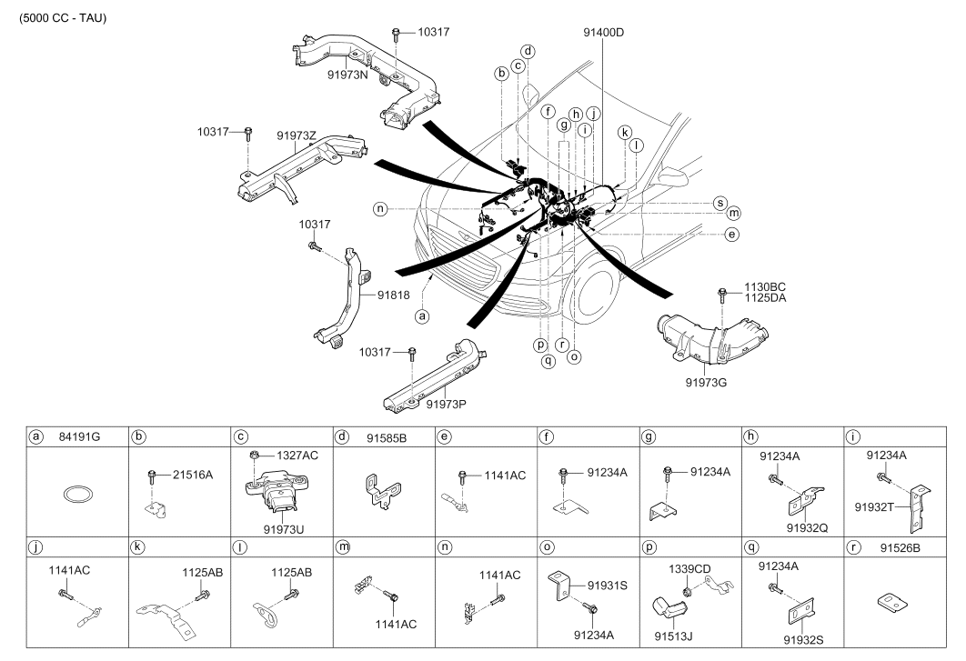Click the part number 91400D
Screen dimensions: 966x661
[x=603, y=32]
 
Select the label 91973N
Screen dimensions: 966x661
[x=347, y=75]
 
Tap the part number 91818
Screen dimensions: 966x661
[x=393, y=295]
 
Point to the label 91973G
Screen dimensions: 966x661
[x=706, y=383]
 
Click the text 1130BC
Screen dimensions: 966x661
[x=765, y=287]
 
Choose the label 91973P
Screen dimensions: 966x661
[x=446, y=405]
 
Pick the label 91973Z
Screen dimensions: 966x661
[x=297, y=135]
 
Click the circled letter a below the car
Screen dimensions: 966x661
[x=422, y=316]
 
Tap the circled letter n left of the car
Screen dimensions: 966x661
[x=380, y=209]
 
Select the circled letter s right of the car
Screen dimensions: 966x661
[x=719, y=204]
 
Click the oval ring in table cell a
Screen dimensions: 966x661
[x=78, y=494]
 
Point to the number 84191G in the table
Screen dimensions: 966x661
[x=79, y=437]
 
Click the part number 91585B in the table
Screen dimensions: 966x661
[x=387, y=438]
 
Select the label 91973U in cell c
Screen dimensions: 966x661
[x=284, y=529]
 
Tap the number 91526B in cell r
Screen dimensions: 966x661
[x=900, y=547]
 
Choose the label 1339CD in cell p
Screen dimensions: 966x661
[x=689, y=569]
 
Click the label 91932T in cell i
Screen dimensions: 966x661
[x=874, y=507]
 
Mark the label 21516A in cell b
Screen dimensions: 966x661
[x=193, y=475]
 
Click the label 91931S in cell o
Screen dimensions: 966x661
[x=608, y=586]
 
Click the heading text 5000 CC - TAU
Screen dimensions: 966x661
[x=63, y=18]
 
